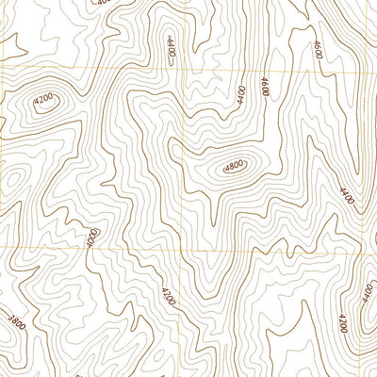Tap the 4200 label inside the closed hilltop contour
pos(42,98)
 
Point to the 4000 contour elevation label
pos(91,238)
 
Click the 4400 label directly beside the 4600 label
pos(242,93)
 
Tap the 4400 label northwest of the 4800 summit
pos(171,45)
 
